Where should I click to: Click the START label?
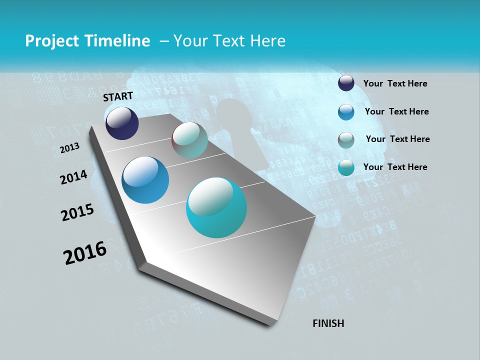118,96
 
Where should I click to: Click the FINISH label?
328,323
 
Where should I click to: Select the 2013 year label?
70,148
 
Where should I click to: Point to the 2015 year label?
77,212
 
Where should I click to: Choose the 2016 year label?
85,253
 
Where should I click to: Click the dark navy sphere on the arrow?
122,123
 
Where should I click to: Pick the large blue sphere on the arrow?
145,180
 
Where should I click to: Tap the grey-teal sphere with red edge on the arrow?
189,140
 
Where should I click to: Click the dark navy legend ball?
346,83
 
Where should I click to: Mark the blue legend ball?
346,112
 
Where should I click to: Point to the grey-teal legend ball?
346,140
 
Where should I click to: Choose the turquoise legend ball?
346,167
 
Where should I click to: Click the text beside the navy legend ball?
395,84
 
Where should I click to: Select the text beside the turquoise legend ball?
395,167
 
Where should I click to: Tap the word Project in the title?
50,41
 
